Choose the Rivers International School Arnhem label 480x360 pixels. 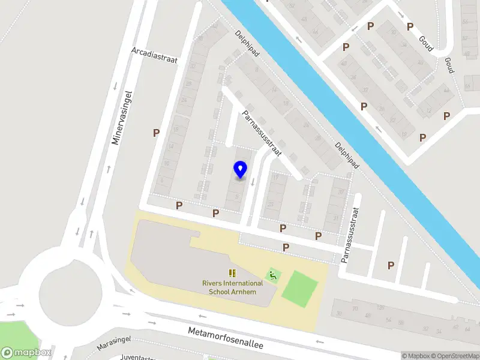[x=232, y=287]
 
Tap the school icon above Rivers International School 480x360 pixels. [x=232, y=274]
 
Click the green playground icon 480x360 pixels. [x=274, y=275]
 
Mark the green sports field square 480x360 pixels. [x=299, y=289]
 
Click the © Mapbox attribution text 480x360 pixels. [x=418, y=356]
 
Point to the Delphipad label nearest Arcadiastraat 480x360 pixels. [x=247, y=44]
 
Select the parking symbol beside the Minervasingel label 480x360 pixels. [x=156, y=133]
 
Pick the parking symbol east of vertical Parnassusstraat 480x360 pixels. [x=391, y=265]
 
